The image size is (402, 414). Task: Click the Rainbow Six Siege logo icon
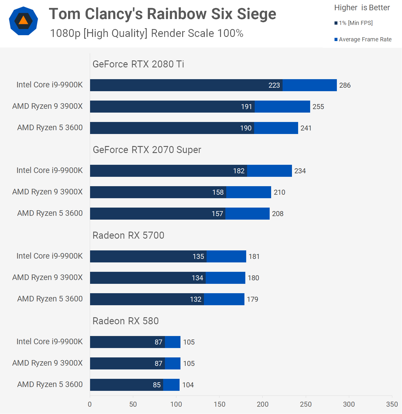pyautogui.click(x=23, y=21)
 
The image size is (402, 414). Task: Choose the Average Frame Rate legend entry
pyautogui.click(x=363, y=39)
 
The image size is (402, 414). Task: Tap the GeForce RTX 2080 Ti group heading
pyautogui.click(x=138, y=64)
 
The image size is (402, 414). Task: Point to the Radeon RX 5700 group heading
pyautogui.click(x=128, y=235)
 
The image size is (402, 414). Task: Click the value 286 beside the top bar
pyautogui.click(x=345, y=85)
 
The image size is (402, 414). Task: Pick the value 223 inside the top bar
pyautogui.click(x=274, y=85)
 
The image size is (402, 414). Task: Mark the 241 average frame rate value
pyautogui.click(x=306, y=128)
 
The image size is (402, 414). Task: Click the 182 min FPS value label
pyautogui.click(x=239, y=171)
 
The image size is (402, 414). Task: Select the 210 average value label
pyautogui.click(x=279, y=192)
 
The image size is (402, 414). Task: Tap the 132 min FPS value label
pyautogui.click(x=195, y=299)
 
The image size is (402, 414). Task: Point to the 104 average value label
pyautogui.click(x=188, y=385)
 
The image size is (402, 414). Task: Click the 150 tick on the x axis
pyautogui.click(x=219, y=404)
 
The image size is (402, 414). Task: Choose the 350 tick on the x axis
pyautogui.click(x=392, y=404)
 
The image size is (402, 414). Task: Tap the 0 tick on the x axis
pyautogui.click(x=90, y=404)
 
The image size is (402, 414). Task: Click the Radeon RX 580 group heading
pyautogui.click(x=126, y=321)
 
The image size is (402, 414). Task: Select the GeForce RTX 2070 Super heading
pyautogui.click(x=147, y=150)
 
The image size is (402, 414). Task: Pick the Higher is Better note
pyautogui.click(x=362, y=8)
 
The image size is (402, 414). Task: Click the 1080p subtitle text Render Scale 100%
pyautogui.click(x=197, y=33)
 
